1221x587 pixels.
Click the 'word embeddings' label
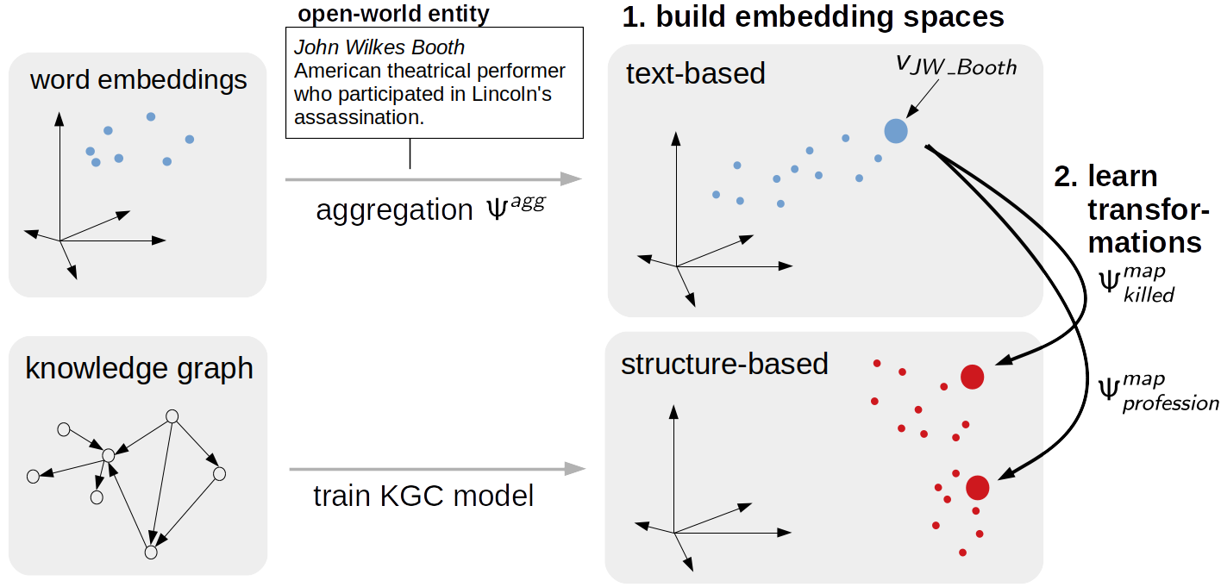click(x=139, y=81)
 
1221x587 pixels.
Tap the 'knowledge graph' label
click(x=140, y=369)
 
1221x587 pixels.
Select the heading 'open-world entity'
click(x=393, y=14)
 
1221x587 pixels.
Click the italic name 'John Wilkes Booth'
click(x=379, y=47)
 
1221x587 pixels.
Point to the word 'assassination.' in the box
click(x=360, y=117)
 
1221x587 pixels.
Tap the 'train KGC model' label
click(x=423, y=496)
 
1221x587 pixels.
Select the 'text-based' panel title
click(x=696, y=73)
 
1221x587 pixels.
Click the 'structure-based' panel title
click(x=724, y=364)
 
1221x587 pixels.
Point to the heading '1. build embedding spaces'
click(x=813, y=16)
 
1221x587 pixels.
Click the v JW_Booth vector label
click(x=956, y=66)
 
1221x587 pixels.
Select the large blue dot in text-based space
click(x=896, y=131)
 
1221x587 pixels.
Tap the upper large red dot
click(x=972, y=378)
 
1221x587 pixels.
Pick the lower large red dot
click(x=977, y=488)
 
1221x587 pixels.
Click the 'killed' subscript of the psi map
click(x=1149, y=295)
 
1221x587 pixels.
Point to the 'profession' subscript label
click(x=1170, y=404)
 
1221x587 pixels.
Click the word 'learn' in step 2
click(x=1123, y=176)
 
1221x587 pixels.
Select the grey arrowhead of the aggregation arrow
click(x=571, y=178)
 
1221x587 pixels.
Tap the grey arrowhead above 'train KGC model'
click(x=575, y=469)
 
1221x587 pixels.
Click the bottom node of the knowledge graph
click(x=151, y=553)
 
